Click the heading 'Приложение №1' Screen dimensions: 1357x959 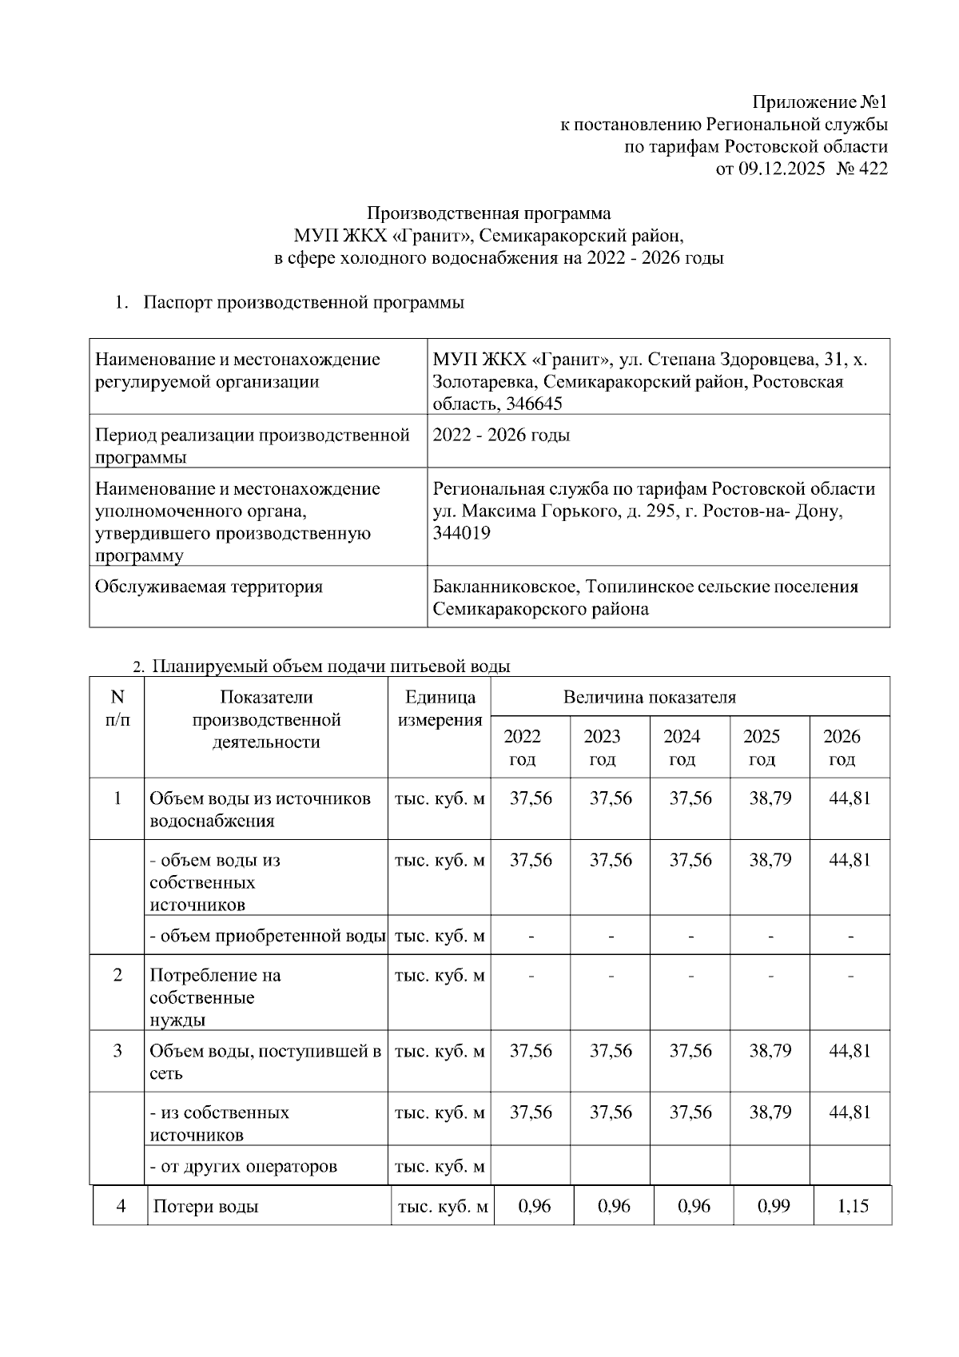coord(819,102)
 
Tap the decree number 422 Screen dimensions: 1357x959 coord(873,169)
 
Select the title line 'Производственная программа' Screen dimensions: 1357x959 coord(488,213)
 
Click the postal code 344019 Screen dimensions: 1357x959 coord(461,532)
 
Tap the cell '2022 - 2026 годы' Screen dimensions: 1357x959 coord(501,436)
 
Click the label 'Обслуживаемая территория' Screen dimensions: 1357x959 coord(209,587)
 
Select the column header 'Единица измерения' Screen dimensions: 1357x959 coord(439,708)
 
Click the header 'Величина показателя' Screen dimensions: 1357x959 coord(649,697)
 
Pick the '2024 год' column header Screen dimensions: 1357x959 coord(682,747)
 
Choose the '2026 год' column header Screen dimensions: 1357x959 coord(842,747)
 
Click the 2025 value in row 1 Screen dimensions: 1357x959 coord(770,798)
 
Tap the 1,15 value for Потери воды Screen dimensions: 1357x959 coord(853,1206)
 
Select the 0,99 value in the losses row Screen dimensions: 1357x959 coord(773,1206)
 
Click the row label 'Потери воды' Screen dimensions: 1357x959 coord(205,1207)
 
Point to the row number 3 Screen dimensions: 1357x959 coord(117,1051)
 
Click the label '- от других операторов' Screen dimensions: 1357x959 coord(244,1166)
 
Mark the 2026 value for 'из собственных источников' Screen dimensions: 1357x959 coord(850,1112)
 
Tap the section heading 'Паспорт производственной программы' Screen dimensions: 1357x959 coord(304,303)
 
